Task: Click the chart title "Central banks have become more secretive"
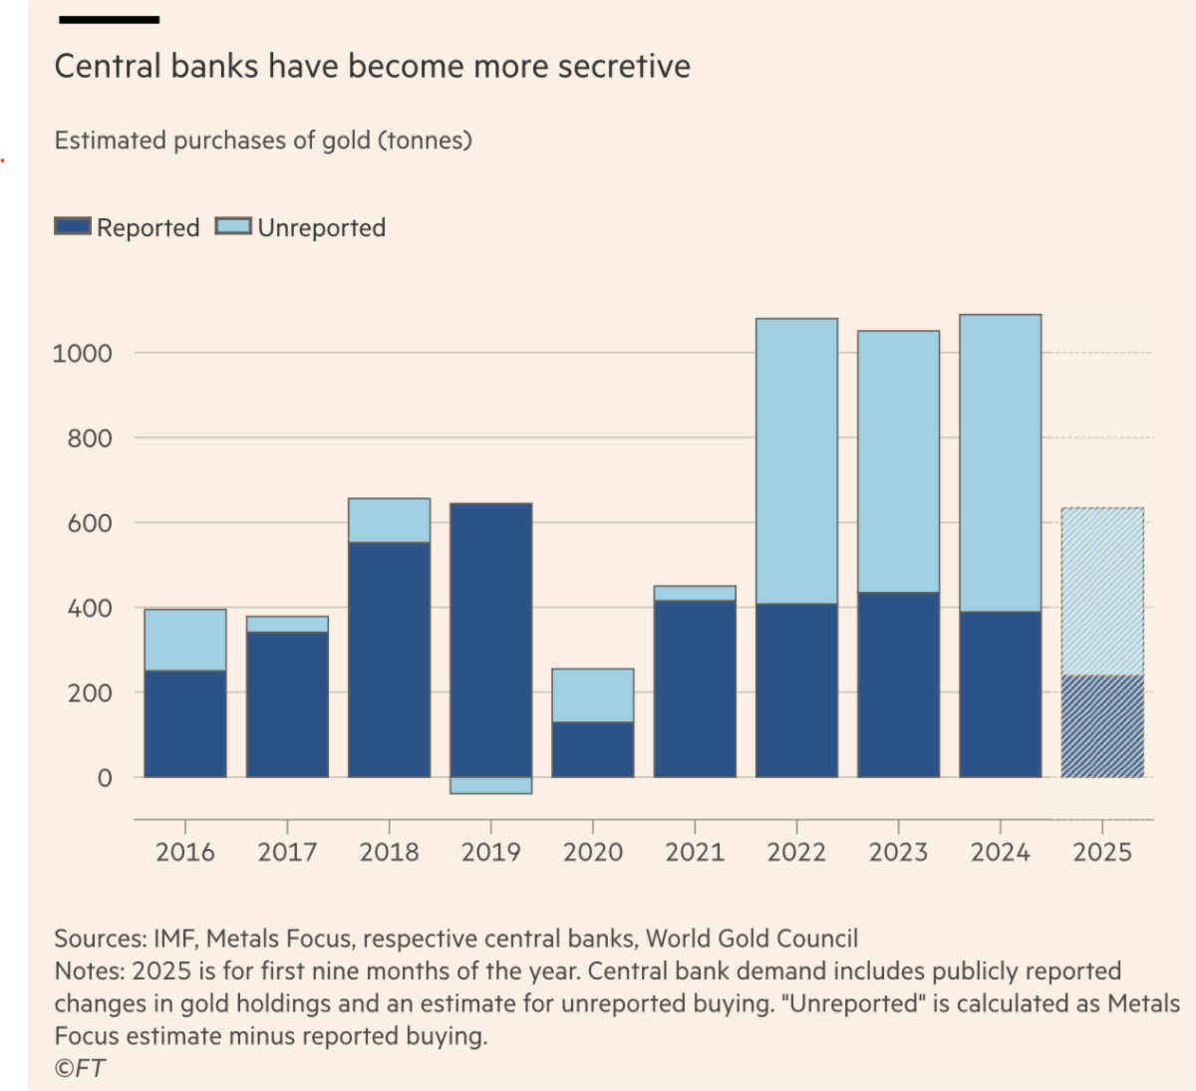(x=372, y=67)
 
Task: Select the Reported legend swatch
(x=73, y=226)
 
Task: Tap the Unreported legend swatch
(x=234, y=226)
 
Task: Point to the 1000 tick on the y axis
(x=82, y=353)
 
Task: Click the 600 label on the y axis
(x=90, y=522)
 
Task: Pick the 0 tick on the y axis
(x=105, y=778)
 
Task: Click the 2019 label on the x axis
(x=490, y=852)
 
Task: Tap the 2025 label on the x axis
(x=1102, y=852)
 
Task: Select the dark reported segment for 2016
(x=185, y=723)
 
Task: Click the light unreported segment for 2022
(x=796, y=461)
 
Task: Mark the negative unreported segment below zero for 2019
(x=490, y=785)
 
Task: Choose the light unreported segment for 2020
(x=593, y=695)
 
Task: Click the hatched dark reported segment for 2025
(x=1102, y=726)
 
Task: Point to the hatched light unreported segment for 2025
(x=1102, y=592)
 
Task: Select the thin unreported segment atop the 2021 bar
(x=695, y=593)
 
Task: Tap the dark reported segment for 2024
(x=1000, y=693)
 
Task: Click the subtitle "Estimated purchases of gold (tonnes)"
(x=263, y=140)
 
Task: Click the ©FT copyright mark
(x=80, y=1068)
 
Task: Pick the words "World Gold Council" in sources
(x=751, y=939)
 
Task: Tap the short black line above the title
(x=109, y=20)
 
